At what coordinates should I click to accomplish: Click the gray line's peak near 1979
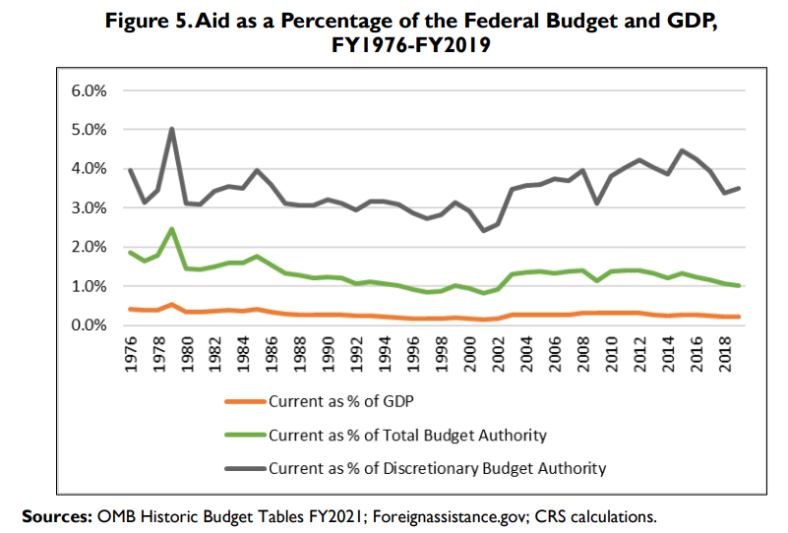coord(173,129)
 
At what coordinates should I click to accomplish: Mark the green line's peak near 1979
coord(173,229)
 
